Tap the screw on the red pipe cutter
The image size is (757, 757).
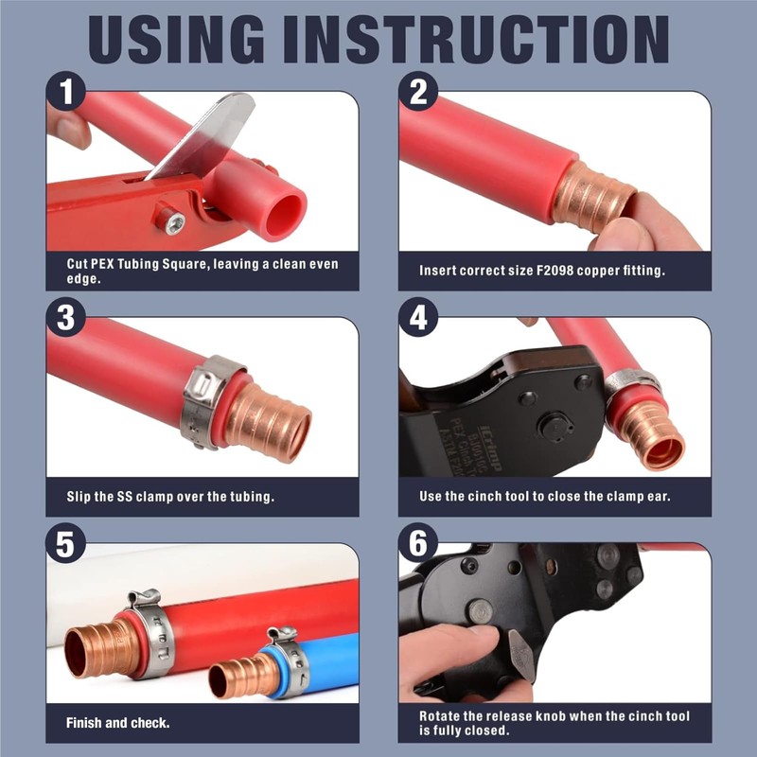tap(175, 224)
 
